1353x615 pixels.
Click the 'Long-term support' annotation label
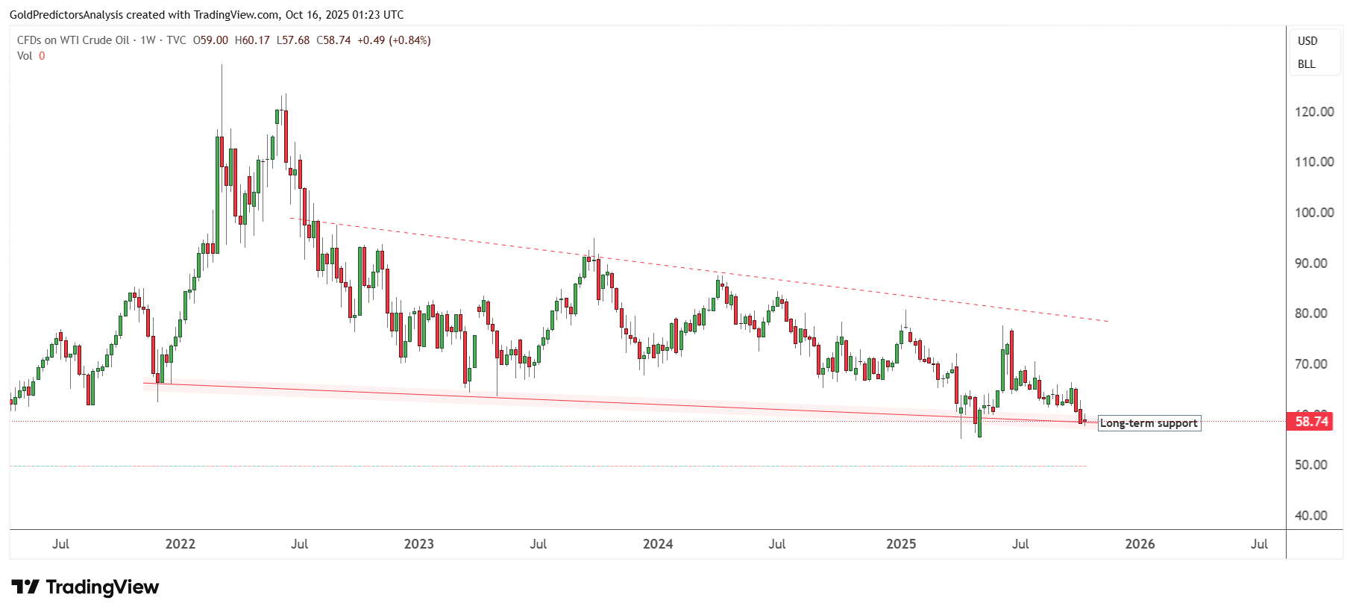(x=1149, y=423)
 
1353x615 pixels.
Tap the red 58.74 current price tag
(x=1311, y=422)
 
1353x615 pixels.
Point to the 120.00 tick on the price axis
(x=1314, y=112)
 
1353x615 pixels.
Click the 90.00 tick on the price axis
(x=1314, y=263)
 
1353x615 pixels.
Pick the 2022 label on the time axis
(x=180, y=544)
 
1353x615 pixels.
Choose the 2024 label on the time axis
(x=658, y=544)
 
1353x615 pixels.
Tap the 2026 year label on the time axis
(x=1140, y=544)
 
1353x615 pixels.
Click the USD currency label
(x=1308, y=41)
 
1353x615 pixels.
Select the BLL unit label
(x=1307, y=64)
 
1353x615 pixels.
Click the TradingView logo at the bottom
(x=85, y=587)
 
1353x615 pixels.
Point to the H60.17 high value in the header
(x=252, y=40)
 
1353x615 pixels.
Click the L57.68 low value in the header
(x=293, y=40)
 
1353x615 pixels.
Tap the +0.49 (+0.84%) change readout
(x=394, y=40)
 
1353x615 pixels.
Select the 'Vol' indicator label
(x=25, y=56)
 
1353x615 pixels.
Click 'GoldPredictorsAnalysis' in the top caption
(x=66, y=15)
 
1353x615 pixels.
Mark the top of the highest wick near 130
(x=222, y=66)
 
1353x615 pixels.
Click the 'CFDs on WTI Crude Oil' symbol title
(x=73, y=40)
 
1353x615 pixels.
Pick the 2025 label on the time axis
(x=901, y=544)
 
